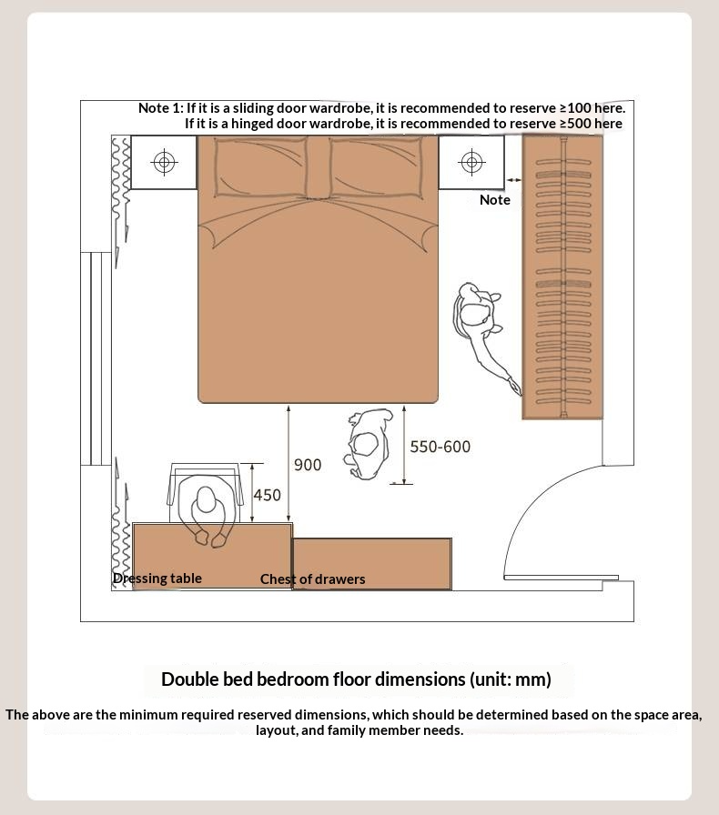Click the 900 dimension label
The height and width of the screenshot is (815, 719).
pyautogui.click(x=308, y=465)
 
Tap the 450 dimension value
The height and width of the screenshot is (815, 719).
pyautogui.click(x=267, y=495)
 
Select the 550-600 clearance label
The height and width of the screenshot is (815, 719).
pyautogui.click(x=441, y=447)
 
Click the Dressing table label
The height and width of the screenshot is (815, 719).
pyautogui.click(x=157, y=578)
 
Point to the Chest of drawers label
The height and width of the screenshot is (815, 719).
pyautogui.click(x=313, y=579)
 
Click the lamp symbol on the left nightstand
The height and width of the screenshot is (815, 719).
pyautogui.click(x=164, y=162)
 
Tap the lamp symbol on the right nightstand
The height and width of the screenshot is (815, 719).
pyautogui.click(x=471, y=162)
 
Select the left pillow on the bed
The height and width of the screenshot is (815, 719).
pyautogui.click(x=260, y=167)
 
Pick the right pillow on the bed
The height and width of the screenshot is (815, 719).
pyautogui.click(x=376, y=167)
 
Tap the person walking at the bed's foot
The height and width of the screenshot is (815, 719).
pyautogui.click(x=369, y=444)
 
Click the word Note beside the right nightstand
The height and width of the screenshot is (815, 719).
pyautogui.click(x=495, y=199)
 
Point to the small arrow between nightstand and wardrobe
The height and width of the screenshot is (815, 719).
pyautogui.click(x=513, y=180)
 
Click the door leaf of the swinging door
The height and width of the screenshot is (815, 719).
pyautogui.click(x=561, y=578)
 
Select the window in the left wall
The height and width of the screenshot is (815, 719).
pyautogui.click(x=96, y=358)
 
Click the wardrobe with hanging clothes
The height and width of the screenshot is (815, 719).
pyautogui.click(x=562, y=277)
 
